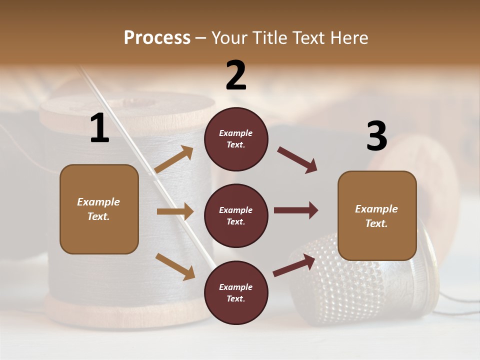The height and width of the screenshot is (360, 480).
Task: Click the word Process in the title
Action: click(157, 38)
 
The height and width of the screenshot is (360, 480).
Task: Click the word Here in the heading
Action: click(346, 38)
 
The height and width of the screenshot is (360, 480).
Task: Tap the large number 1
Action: click(99, 128)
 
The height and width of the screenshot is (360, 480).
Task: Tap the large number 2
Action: click(236, 75)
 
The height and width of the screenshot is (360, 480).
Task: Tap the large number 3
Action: click(376, 136)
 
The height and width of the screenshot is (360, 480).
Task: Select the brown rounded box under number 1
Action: click(99, 209)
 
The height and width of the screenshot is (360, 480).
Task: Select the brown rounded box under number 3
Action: click(377, 215)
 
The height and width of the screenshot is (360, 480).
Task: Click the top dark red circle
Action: click(236, 139)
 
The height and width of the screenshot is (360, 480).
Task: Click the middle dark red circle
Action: click(236, 215)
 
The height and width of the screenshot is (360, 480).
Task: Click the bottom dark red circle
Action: click(236, 292)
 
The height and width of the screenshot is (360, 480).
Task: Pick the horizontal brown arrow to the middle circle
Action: click(175, 211)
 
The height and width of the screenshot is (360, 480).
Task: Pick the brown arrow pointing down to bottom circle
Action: click(175, 266)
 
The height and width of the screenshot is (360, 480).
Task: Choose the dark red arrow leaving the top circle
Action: click(297, 160)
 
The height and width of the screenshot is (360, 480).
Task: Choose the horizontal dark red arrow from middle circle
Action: click(296, 210)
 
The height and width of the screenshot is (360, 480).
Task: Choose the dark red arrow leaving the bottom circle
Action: click(294, 265)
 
